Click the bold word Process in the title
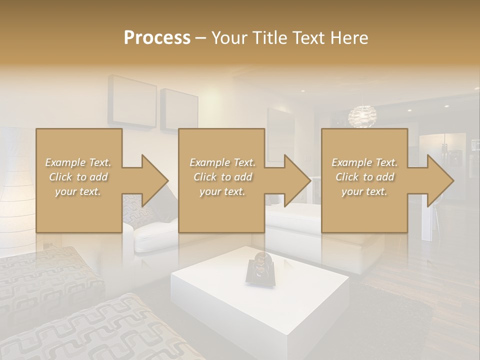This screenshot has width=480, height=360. click(157, 38)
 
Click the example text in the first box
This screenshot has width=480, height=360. click(78, 177)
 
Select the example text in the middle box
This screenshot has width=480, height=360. click(222, 177)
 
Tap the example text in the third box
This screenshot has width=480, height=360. click(364, 177)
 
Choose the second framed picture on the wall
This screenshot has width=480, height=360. click(178, 109)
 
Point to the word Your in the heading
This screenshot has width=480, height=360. click(228, 38)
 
